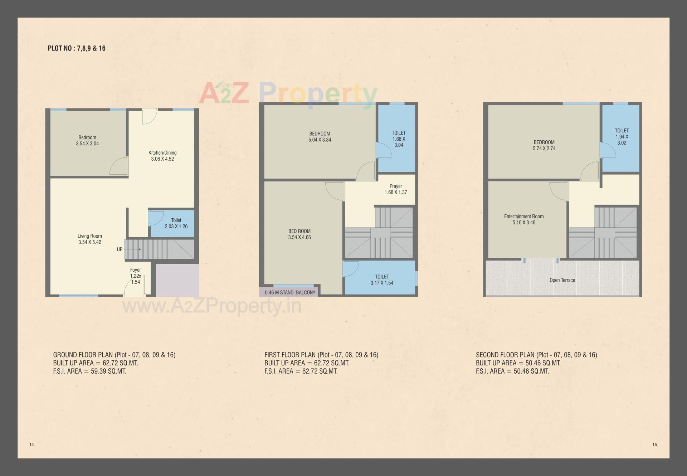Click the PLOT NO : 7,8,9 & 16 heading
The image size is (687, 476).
(x=77, y=48)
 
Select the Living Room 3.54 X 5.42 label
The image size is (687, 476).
(x=90, y=239)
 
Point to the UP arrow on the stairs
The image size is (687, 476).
(x=137, y=249)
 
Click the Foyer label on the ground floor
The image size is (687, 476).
(x=136, y=270)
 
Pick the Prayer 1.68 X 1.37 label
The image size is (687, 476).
(x=395, y=189)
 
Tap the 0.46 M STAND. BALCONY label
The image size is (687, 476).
(x=290, y=292)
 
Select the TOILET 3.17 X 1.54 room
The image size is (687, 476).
(x=382, y=280)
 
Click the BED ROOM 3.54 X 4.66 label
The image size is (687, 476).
(x=299, y=234)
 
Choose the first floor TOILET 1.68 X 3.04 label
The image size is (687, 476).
(x=399, y=139)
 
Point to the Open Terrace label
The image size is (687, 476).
(x=562, y=280)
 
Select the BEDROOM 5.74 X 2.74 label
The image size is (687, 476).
(x=544, y=145)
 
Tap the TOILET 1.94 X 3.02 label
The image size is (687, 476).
(x=622, y=137)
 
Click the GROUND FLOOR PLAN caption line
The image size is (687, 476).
(x=114, y=355)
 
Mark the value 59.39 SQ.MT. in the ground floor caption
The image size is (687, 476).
(x=108, y=371)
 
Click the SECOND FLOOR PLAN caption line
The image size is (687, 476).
(x=536, y=355)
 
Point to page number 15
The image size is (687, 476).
(x=654, y=445)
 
